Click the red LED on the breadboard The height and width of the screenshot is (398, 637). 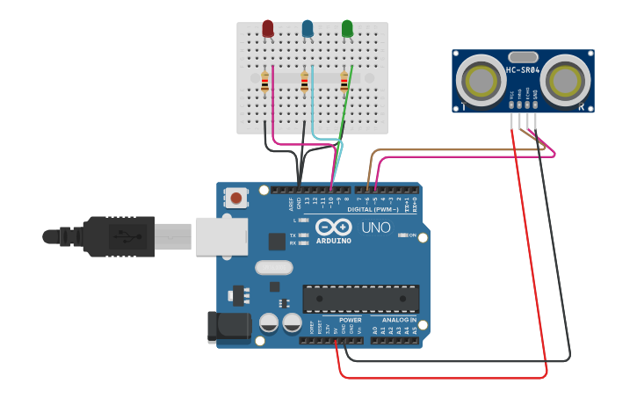click(x=268, y=29)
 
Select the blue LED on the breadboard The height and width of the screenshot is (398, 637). click(x=308, y=29)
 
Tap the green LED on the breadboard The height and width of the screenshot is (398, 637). click(x=347, y=29)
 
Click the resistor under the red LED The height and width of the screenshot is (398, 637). click(x=264, y=83)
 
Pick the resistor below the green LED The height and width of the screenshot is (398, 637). click(x=344, y=83)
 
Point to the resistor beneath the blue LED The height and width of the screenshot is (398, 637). click(x=304, y=83)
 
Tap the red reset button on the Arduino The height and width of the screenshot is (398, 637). click(x=235, y=198)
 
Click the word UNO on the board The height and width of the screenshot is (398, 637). click(x=375, y=228)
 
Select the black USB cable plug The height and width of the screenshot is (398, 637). click(x=119, y=235)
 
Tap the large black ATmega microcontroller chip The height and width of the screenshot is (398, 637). click(x=360, y=299)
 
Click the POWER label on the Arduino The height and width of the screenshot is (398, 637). click(x=350, y=320)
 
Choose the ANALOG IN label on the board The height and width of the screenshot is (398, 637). click(x=399, y=320)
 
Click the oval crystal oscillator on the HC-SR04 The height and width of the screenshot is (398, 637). click(x=523, y=57)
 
